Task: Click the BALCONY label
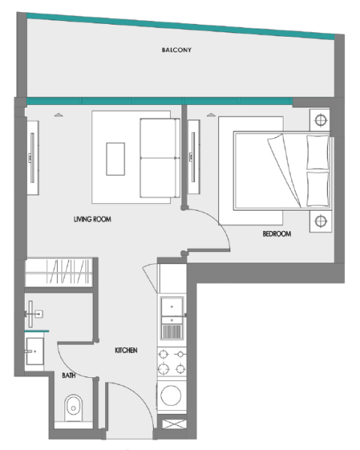(178, 51)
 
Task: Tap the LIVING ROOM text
(92, 220)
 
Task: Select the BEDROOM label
(277, 234)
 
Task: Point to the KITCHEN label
(125, 350)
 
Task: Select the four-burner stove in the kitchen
(172, 361)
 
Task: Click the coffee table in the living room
(116, 159)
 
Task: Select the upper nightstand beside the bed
(321, 120)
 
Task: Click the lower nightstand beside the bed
(321, 220)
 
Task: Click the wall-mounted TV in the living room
(32, 157)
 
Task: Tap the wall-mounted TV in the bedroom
(193, 157)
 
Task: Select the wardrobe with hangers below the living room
(60, 271)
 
